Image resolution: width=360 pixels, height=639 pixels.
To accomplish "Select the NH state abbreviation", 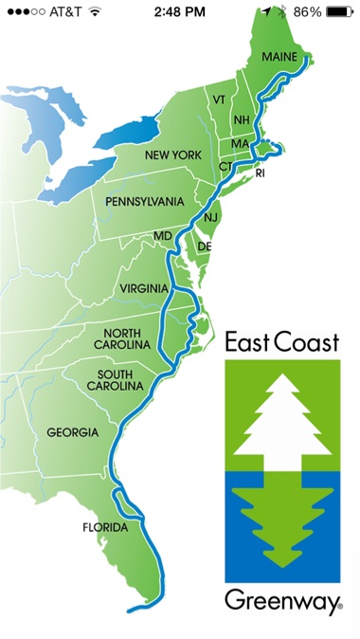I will (241, 120).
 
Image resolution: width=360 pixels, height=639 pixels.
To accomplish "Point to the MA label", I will (240, 143).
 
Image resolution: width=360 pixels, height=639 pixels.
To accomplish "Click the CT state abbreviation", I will (225, 166).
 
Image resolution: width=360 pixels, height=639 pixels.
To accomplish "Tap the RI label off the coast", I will (261, 173).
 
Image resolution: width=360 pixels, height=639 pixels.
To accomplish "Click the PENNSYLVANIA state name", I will (145, 202).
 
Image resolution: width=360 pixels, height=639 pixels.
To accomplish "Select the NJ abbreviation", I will (210, 218).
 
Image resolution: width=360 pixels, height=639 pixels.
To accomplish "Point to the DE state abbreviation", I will (204, 246).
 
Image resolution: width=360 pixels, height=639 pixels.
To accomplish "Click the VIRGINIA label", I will (144, 288).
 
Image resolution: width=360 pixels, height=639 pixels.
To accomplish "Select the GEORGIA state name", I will (72, 432).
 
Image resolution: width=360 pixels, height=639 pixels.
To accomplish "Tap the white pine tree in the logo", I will (281, 413).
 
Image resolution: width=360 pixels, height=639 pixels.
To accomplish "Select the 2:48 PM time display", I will (179, 12).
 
